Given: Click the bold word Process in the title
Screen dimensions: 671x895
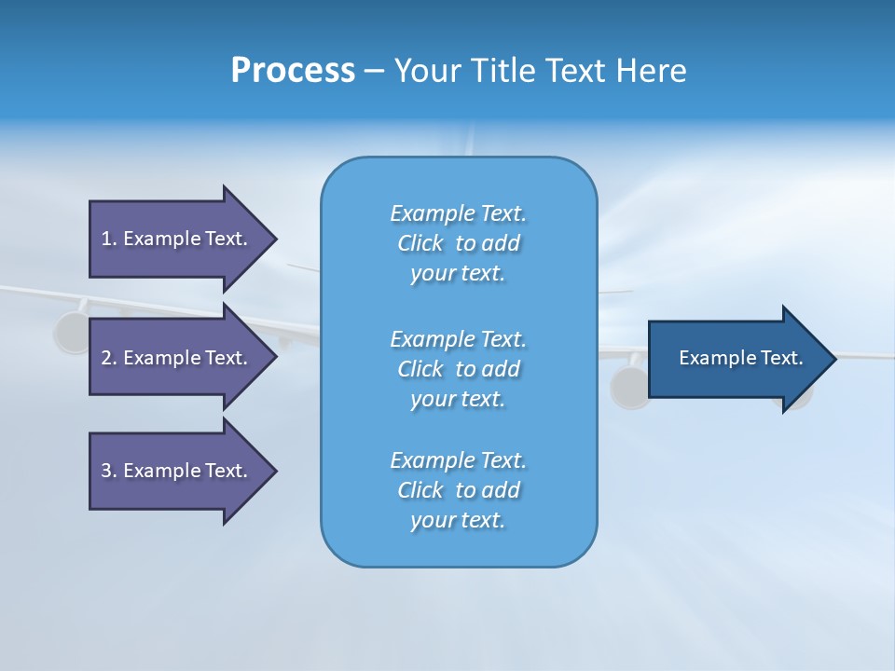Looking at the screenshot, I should (x=293, y=71).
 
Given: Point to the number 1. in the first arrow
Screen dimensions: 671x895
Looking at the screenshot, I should (x=109, y=239).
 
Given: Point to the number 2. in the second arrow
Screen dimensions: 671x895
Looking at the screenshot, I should (x=109, y=358).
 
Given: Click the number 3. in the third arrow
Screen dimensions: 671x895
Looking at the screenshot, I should (x=109, y=471).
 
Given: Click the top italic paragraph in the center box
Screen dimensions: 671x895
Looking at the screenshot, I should (x=458, y=243).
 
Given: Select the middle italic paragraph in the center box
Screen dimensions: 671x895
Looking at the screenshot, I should (x=458, y=369).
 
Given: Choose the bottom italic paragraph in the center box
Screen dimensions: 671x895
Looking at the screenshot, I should (x=458, y=490).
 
